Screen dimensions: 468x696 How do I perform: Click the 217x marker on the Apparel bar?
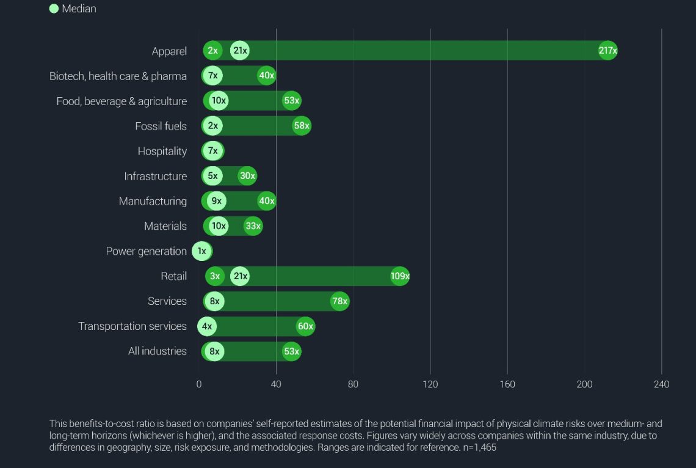click(607, 51)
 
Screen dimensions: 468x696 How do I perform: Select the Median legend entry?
click(73, 9)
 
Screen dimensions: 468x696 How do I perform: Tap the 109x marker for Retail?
click(400, 276)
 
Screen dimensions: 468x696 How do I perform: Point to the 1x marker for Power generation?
click(202, 251)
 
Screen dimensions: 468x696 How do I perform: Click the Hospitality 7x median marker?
click(213, 151)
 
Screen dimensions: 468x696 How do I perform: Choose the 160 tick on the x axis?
click(507, 384)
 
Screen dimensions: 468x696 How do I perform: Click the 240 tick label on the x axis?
click(661, 384)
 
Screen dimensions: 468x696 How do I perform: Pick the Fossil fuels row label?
click(161, 126)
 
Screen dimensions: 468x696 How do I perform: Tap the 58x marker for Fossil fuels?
click(302, 126)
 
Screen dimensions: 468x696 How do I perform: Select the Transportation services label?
click(132, 326)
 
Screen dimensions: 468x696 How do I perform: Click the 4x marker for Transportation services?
click(207, 326)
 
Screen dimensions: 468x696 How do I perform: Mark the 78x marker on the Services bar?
click(340, 301)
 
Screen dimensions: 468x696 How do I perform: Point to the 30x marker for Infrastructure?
click(247, 176)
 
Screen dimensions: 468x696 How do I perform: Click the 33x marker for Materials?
click(253, 226)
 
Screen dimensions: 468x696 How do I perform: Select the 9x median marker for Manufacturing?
click(217, 201)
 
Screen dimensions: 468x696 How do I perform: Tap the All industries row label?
click(157, 351)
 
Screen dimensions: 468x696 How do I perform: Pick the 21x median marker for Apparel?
click(240, 51)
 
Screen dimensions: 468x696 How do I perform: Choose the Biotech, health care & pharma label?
click(118, 76)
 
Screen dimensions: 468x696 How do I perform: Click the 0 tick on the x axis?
click(199, 384)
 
